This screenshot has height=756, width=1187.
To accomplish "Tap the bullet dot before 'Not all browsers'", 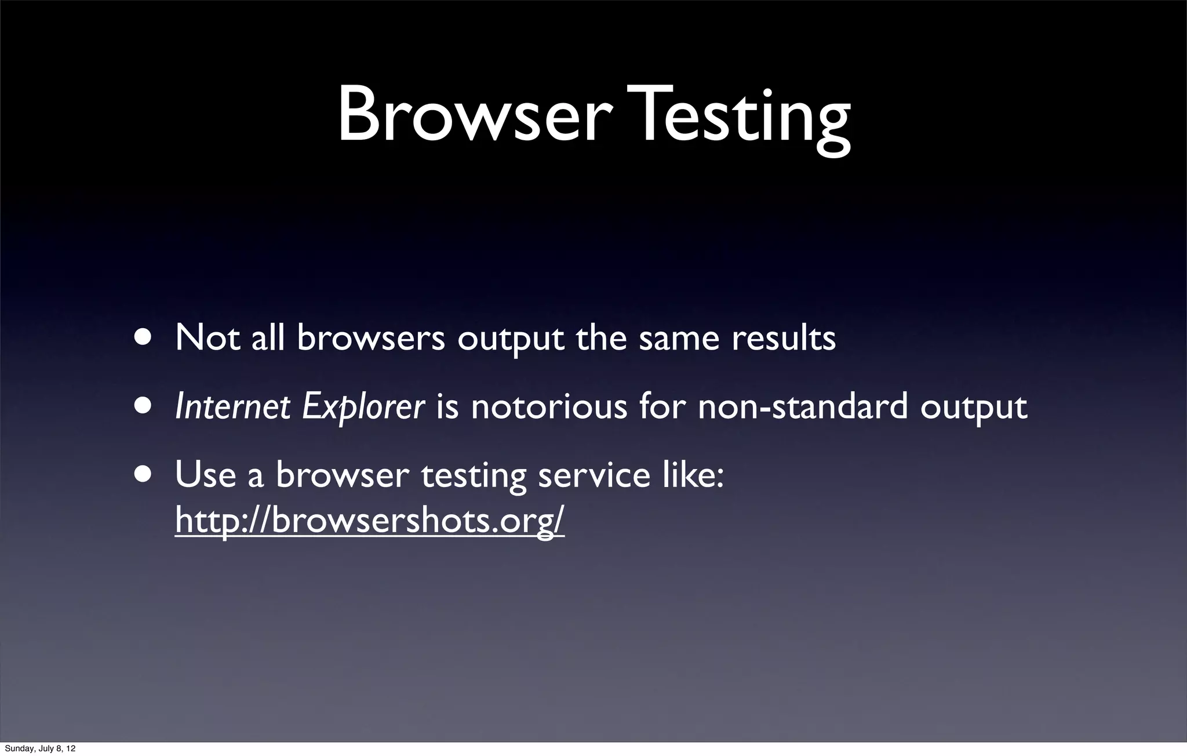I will coord(143,337).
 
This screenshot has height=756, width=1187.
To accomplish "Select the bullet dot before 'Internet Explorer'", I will coord(143,406).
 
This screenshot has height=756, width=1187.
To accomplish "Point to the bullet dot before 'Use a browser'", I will coord(143,474).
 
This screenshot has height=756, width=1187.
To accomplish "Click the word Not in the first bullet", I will coord(207,337).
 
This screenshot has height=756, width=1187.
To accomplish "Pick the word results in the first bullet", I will coord(784,337).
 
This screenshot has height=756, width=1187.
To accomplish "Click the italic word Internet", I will coord(232,406).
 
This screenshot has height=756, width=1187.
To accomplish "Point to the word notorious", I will coord(548,406).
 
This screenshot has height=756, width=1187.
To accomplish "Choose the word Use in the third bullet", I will coord(205,474).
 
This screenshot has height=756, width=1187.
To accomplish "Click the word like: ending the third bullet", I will coord(692,474).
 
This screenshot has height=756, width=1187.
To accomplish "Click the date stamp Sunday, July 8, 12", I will coord(39,749).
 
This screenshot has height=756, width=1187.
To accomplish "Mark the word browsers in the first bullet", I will coord(371,337).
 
